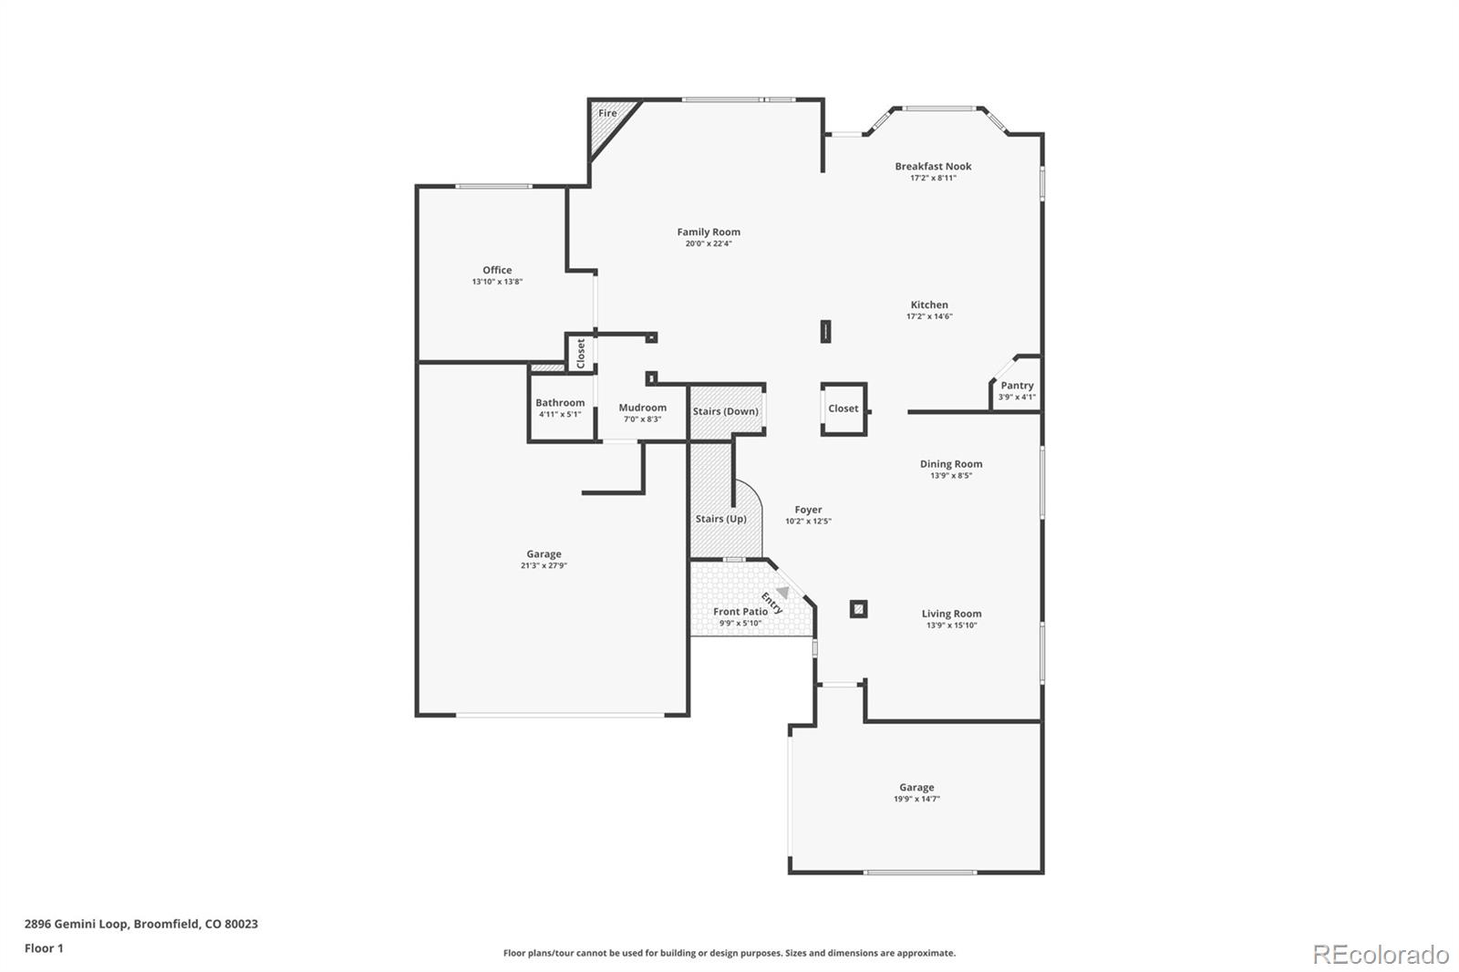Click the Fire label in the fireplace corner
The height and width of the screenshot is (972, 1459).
[x=607, y=114]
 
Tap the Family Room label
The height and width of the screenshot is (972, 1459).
[x=709, y=233]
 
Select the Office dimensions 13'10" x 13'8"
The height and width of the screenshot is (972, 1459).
[x=497, y=282]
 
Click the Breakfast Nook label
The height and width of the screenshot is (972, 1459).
[x=933, y=166]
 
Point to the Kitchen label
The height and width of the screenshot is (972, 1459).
[x=929, y=305]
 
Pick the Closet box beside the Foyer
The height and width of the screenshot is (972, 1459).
[x=843, y=408]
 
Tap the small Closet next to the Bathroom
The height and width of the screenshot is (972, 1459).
[x=581, y=353]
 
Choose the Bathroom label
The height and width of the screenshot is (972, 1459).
[x=560, y=403]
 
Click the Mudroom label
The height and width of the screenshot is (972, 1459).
[x=643, y=408]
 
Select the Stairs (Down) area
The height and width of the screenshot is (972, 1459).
[x=726, y=411]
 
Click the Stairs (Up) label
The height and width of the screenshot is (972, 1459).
[x=721, y=519]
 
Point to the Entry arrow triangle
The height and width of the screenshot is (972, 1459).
[x=782, y=593]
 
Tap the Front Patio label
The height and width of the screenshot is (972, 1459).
[x=740, y=612]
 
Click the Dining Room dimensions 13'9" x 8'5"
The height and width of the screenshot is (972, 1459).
[x=951, y=475]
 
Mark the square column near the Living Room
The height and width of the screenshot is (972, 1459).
[x=858, y=609]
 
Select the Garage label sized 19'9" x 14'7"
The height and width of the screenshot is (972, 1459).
[x=916, y=787]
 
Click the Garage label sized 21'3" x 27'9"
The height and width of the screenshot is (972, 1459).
[x=543, y=553]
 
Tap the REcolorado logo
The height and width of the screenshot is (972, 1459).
[x=1381, y=955]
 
